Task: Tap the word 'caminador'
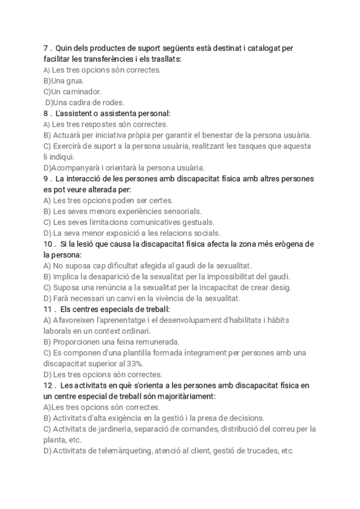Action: (x=82, y=92)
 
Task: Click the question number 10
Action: (x=49, y=244)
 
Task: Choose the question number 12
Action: (x=49, y=385)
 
